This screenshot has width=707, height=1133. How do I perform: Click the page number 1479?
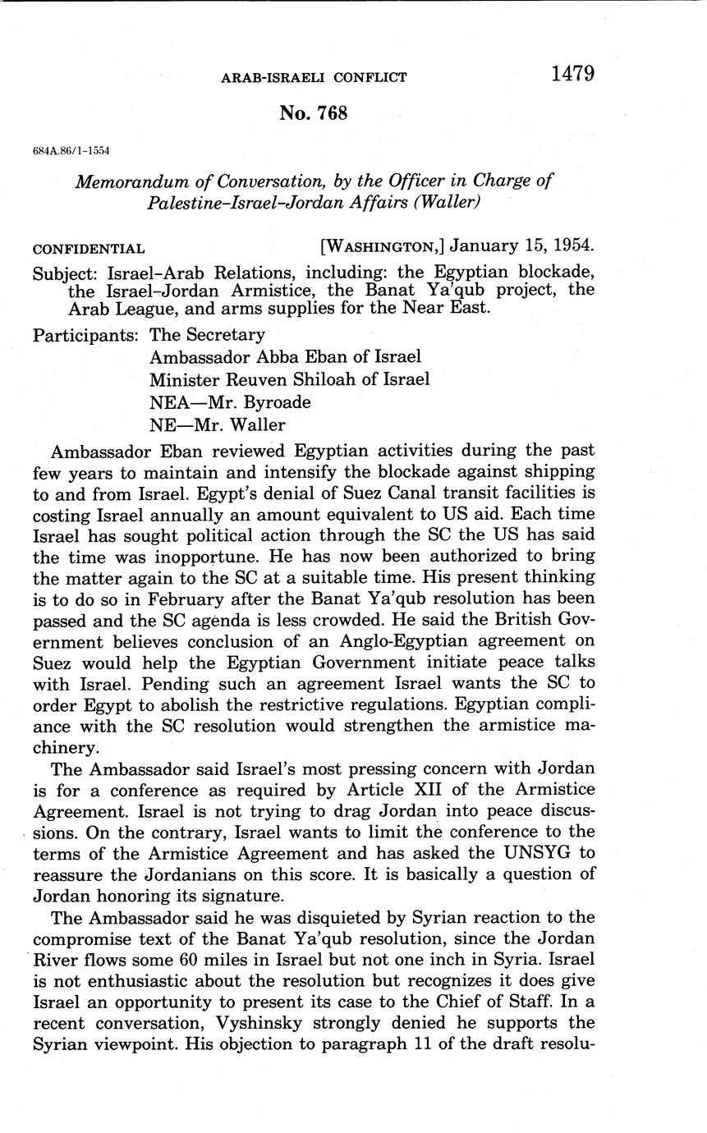pyautogui.click(x=572, y=74)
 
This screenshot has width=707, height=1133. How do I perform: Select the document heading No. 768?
pyautogui.click(x=313, y=113)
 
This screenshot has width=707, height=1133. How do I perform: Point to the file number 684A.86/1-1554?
pyautogui.click(x=71, y=152)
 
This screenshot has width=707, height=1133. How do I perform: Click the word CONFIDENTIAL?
pyautogui.click(x=89, y=249)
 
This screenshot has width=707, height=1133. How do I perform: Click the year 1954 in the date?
pyautogui.click(x=567, y=246)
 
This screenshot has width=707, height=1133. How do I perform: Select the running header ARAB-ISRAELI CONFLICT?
pyautogui.click(x=314, y=78)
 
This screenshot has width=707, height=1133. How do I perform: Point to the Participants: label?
pyautogui.click(x=85, y=335)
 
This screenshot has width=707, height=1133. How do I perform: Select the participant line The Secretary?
pyautogui.click(x=207, y=335)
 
